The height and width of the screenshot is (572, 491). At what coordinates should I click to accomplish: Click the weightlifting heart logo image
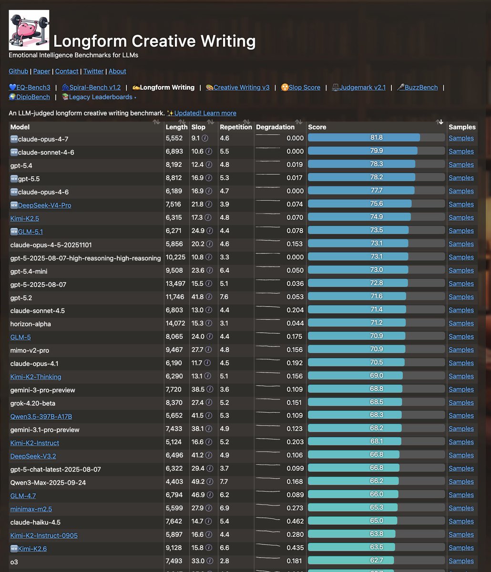click(x=29, y=30)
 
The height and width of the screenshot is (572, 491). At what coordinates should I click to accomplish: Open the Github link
click(x=18, y=71)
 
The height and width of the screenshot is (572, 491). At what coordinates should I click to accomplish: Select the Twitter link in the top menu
click(x=93, y=71)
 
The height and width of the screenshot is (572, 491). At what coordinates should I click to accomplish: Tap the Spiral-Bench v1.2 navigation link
click(x=92, y=87)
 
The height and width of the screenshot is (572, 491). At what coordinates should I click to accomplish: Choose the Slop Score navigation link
click(x=301, y=87)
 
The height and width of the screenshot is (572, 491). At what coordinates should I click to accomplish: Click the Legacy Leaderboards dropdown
click(x=99, y=97)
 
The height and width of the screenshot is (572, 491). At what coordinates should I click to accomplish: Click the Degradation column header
click(x=276, y=127)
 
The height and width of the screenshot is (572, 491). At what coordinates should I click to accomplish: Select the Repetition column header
click(x=236, y=127)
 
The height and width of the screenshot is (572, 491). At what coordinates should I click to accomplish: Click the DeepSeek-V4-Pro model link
click(x=44, y=205)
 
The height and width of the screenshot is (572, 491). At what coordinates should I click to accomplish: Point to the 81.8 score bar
click(x=364, y=138)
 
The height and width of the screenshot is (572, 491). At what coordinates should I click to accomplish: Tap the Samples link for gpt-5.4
click(x=461, y=164)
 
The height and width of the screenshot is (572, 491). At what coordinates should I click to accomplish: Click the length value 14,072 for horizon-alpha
click(x=175, y=323)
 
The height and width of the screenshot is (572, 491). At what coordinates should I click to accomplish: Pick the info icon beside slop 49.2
click(x=210, y=482)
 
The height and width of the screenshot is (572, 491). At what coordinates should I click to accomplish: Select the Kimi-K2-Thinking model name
click(x=36, y=377)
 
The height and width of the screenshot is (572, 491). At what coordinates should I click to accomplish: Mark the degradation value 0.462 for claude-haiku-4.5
click(x=295, y=521)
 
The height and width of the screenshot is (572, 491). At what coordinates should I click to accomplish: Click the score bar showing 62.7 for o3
click(x=351, y=561)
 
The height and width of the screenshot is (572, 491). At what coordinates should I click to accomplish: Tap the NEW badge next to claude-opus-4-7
click(x=14, y=139)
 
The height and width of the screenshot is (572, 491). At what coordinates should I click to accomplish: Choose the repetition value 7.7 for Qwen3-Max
click(x=224, y=482)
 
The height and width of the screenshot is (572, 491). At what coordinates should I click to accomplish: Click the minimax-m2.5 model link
click(x=31, y=509)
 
